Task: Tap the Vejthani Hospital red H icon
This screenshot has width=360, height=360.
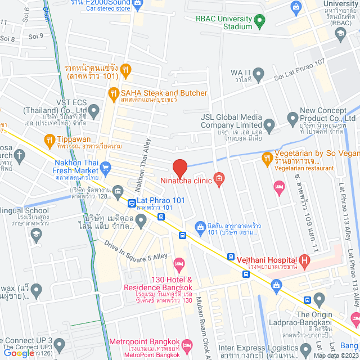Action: click(x=305, y=260)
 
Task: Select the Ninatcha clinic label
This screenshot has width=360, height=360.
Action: click(x=186, y=181)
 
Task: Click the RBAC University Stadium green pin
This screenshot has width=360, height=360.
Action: click(x=259, y=22)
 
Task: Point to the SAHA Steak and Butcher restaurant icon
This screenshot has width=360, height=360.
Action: click(x=114, y=93)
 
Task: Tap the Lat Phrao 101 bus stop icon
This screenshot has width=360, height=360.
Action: click(x=131, y=203)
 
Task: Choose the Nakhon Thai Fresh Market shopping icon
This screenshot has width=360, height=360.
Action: click(x=105, y=167)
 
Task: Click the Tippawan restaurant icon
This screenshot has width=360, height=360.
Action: click(x=49, y=139)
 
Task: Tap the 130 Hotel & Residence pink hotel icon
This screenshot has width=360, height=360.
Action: click(x=179, y=263)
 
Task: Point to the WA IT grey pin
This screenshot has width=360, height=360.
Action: click(x=259, y=73)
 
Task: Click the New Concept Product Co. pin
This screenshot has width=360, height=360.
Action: click(x=292, y=119)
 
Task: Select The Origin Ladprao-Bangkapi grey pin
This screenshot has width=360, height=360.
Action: click(x=319, y=299)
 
